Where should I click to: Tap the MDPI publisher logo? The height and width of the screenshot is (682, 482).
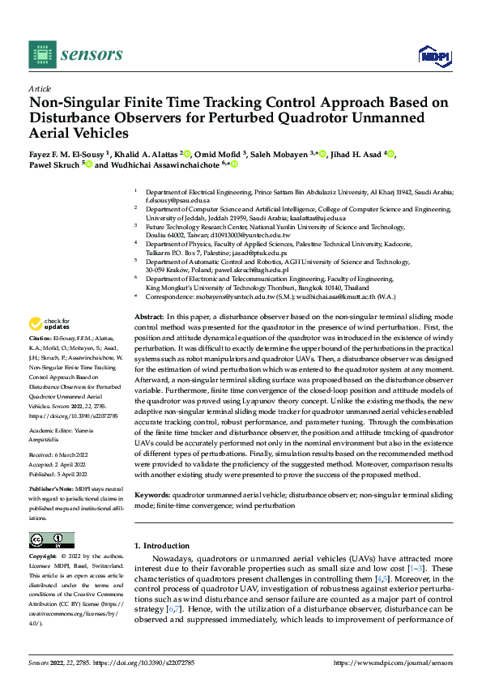[x=432, y=55]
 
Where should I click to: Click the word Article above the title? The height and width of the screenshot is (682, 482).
[x=40, y=88]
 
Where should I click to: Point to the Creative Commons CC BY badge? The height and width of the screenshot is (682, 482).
[x=51, y=539]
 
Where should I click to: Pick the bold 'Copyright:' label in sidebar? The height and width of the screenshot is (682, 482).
[x=45, y=557]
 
